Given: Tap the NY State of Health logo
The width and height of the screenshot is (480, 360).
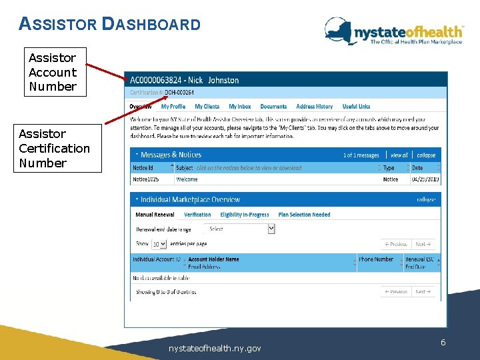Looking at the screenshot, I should click(393, 32).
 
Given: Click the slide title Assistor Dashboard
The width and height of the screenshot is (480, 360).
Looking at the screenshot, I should click(110, 25).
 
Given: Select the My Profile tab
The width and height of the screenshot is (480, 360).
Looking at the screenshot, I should click(173, 107).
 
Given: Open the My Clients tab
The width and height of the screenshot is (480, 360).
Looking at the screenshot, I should click(207, 107).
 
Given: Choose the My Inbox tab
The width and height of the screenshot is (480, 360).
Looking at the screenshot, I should click(240, 107).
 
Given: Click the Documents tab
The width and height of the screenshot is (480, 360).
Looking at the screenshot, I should click(273, 107).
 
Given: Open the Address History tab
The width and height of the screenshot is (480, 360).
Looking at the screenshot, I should click(314, 107).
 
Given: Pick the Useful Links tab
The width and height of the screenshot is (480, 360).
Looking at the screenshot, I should click(356, 107).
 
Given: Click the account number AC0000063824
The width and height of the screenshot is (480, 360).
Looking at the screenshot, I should click(157, 80).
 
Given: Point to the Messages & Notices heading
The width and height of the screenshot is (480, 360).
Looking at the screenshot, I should click(171, 155).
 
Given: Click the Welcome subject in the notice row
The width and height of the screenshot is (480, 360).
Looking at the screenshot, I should click(187, 179).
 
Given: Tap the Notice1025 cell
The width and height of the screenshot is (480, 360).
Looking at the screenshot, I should click(146, 179).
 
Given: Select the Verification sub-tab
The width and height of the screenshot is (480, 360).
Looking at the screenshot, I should click(197, 215).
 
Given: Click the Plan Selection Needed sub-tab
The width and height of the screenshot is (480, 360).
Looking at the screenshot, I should click(304, 215).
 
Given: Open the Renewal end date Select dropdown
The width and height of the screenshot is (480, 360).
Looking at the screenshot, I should click(240, 229).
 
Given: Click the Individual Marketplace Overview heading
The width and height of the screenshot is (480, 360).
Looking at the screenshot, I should click(190, 199).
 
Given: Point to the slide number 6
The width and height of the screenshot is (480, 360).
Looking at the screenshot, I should click(443, 342).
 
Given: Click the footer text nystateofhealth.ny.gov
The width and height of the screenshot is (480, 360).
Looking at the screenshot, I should click(215, 348).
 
